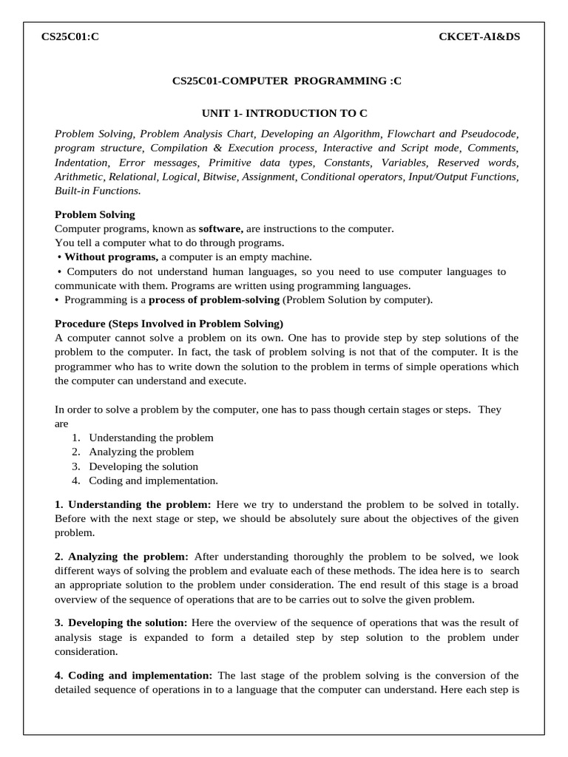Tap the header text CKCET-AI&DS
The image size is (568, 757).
point(479,38)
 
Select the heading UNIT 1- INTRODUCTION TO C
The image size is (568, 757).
point(285,113)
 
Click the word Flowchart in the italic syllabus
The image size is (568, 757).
point(410,134)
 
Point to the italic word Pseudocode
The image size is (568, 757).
point(491,134)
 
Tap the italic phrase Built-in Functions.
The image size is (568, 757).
point(97,191)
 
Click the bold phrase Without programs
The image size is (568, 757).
point(111,257)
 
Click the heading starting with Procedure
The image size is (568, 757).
point(169,324)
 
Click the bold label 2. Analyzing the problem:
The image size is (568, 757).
point(122,556)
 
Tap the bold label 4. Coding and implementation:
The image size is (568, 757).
point(134,676)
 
